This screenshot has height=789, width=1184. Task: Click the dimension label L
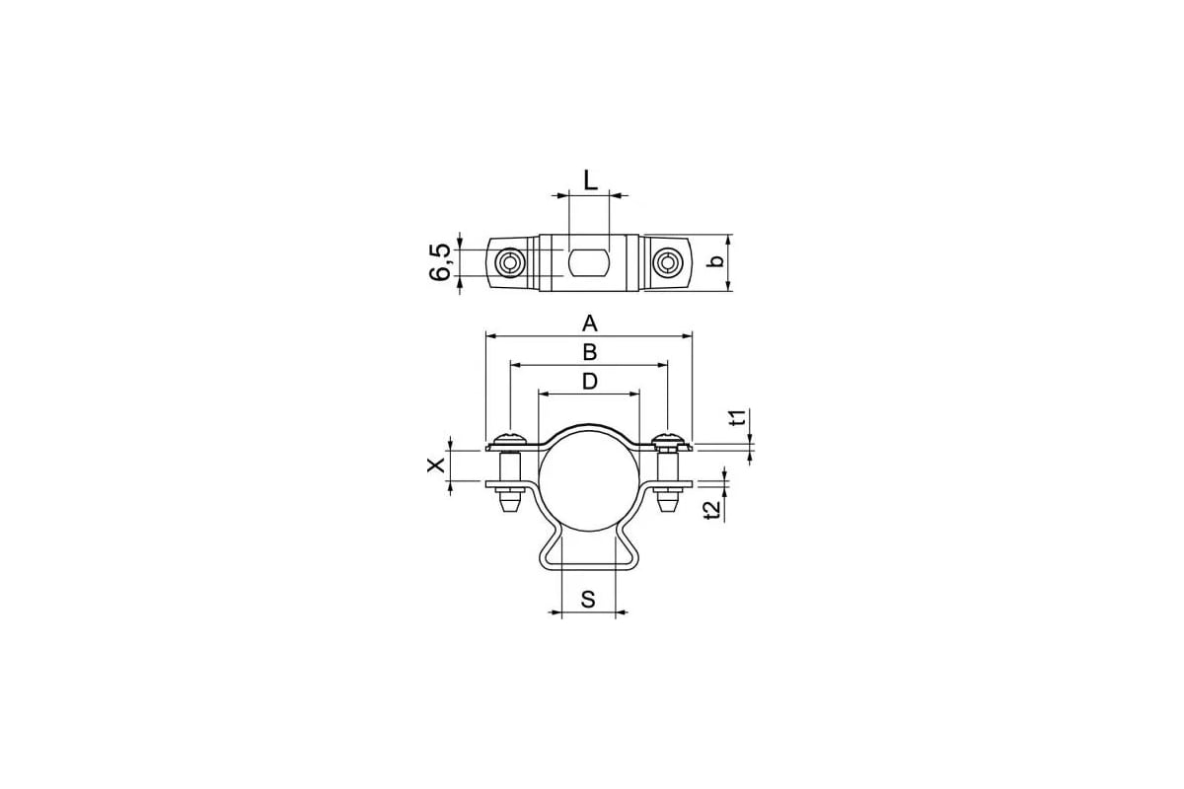click(590, 180)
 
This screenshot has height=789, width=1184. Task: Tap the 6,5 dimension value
click(440, 262)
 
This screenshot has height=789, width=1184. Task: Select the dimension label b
click(715, 261)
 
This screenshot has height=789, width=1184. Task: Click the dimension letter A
click(590, 323)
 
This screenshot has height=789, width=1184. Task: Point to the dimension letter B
click(590, 352)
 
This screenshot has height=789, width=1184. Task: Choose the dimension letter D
click(590, 381)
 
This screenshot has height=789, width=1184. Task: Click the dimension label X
click(436, 466)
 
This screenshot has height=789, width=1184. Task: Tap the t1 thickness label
click(738, 417)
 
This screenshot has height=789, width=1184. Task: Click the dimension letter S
click(588, 600)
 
